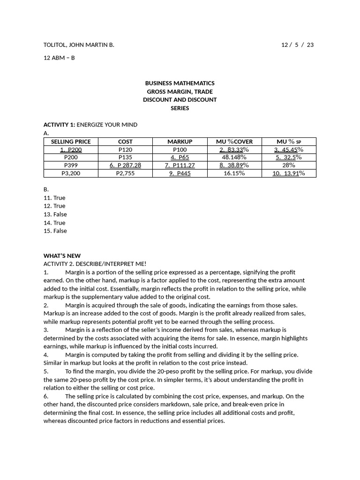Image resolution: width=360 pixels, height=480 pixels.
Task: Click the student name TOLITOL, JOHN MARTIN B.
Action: tap(79, 45)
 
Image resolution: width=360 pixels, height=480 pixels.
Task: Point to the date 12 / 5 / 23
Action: tap(297, 45)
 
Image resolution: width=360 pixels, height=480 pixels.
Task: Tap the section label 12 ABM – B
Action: tap(59, 58)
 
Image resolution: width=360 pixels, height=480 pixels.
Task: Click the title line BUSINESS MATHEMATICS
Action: tap(180, 83)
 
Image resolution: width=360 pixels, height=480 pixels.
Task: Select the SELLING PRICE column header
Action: tap(71, 142)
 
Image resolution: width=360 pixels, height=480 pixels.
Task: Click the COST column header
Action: tap(125, 142)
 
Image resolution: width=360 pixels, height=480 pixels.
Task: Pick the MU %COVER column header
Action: tap(234, 142)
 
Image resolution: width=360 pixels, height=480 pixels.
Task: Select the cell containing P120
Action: tap(125, 150)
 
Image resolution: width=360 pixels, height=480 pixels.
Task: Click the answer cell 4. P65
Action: tap(180, 157)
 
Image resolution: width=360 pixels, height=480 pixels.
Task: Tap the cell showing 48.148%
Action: tap(234, 157)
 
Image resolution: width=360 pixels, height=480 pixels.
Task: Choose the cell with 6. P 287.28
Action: tap(125, 165)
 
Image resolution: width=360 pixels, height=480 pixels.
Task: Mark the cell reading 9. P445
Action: tap(180, 173)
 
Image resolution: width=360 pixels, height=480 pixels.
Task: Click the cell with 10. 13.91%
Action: tap(289, 173)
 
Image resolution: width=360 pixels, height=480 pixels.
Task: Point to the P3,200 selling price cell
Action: tap(71, 173)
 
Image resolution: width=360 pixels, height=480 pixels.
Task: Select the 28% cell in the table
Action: tap(289, 165)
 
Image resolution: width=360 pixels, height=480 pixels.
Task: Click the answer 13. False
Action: tap(55, 214)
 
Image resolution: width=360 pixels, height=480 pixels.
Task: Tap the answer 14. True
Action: tap(54, 223)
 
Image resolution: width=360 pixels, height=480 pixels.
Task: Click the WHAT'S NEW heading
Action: tap(62, 256)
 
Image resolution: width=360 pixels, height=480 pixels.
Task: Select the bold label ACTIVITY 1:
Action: tap(59, 125)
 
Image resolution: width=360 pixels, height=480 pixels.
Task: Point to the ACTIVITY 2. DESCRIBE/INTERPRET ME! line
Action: tap(95, 264)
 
